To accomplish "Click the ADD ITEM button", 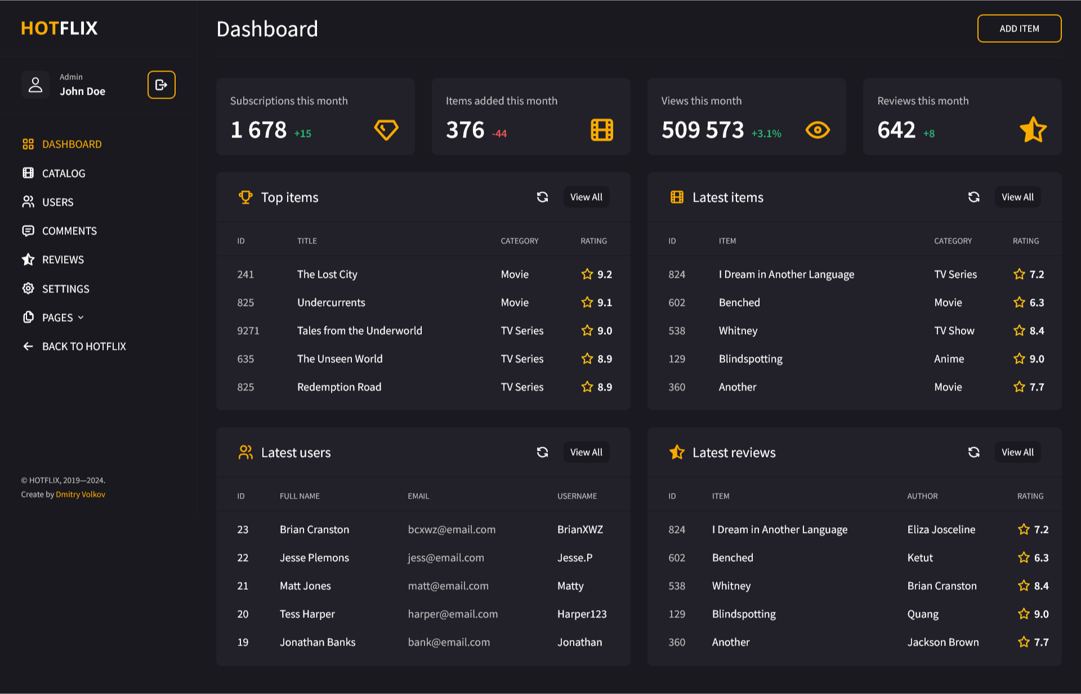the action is point(1019,29).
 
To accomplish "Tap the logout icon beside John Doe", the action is point(162,84).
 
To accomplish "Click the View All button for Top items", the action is point(586,197).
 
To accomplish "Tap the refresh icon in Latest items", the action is point(973,197).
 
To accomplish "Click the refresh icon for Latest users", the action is point(542,452).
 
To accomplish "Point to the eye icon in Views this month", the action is point(818,130).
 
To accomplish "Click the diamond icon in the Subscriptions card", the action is point(386,130).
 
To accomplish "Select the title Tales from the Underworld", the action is point(360,331).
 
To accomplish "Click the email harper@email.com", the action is point(453,614).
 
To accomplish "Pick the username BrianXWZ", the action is point(580,530).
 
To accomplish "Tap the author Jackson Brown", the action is point(943,642).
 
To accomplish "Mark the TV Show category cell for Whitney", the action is point(954,331).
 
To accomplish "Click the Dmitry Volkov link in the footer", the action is point(81,495).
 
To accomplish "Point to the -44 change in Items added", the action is point(499,134).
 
